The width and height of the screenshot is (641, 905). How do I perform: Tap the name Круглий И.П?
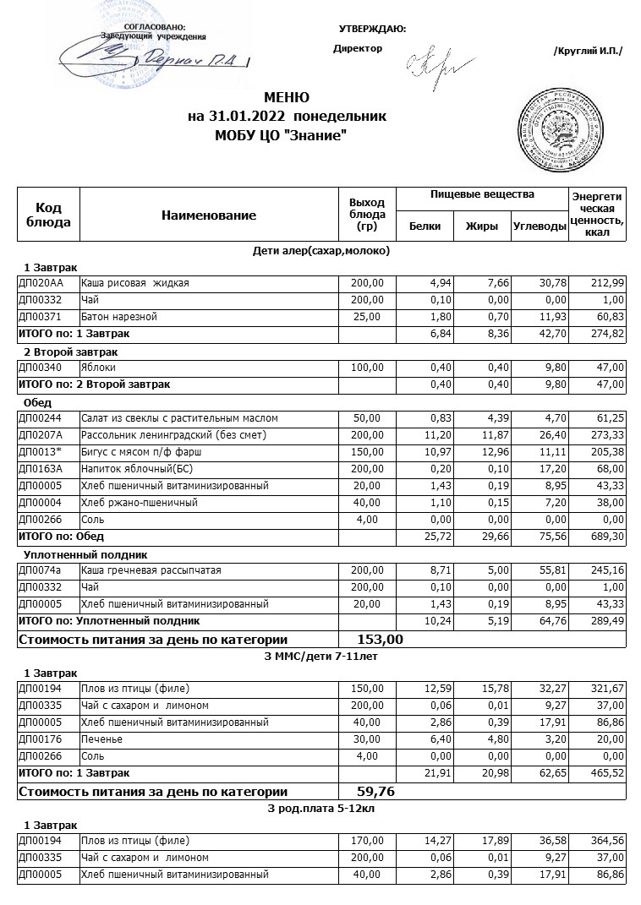[587, 51]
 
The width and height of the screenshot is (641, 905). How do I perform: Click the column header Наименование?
[208, 215]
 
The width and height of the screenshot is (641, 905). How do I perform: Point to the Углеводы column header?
[539, 226]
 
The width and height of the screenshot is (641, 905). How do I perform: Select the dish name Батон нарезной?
[119, 316]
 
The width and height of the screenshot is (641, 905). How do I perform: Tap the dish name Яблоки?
[98, 368]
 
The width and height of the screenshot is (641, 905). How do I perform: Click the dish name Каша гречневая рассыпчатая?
[151, 570]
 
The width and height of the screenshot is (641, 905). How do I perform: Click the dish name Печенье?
[101, 739]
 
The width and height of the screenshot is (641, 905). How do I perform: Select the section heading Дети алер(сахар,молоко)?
[321, 250]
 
